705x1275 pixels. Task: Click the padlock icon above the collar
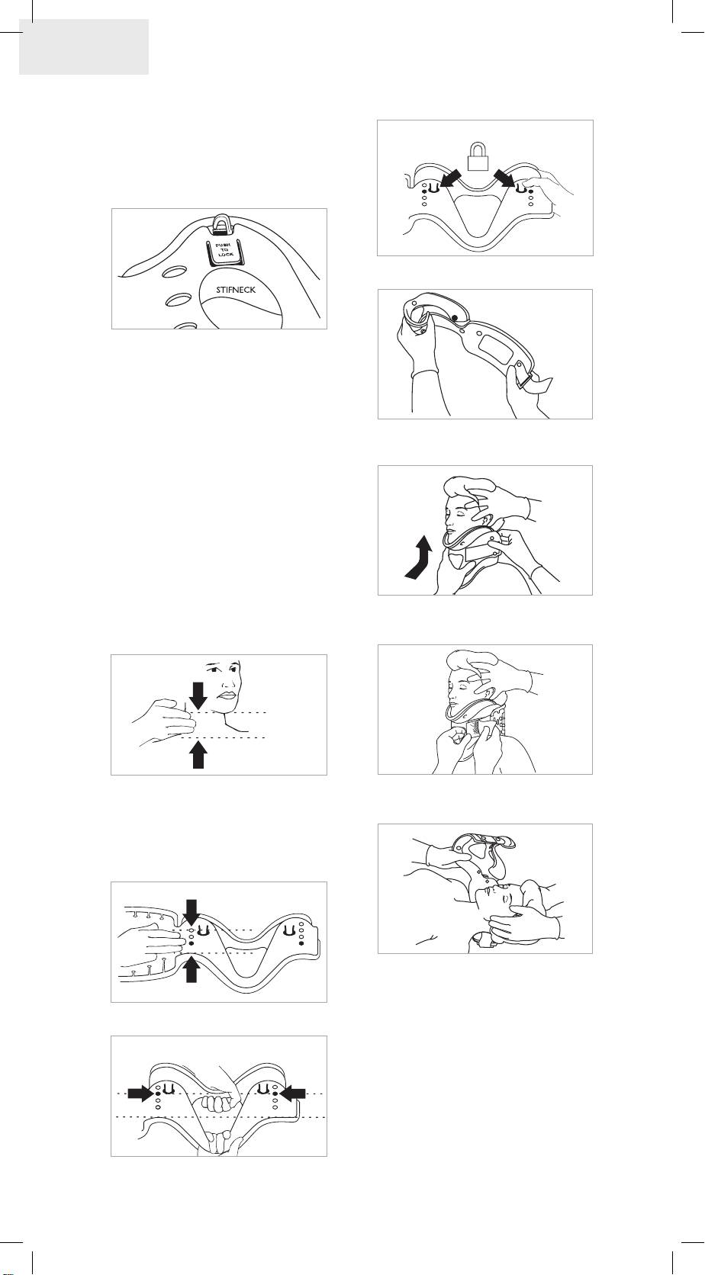click(478, 156)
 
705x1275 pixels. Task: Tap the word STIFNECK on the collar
click(236, 290)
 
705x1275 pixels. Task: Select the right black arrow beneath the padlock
click(506, 178)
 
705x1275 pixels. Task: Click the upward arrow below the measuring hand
click(198, 755)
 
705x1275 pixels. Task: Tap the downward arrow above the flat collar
click(192, 913)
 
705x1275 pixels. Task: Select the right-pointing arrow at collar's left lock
click(140, 1093)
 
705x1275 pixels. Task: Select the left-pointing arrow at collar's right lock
click(294, 1093)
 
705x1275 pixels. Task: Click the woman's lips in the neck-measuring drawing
click(227, 695)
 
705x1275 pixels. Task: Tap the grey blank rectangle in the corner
click(84, 47)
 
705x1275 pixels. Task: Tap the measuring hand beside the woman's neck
click(164, 721)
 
